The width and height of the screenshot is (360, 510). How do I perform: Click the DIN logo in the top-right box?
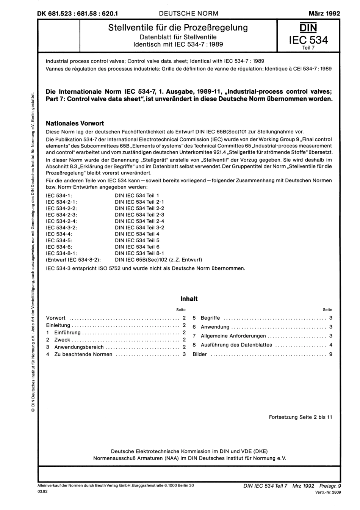308,28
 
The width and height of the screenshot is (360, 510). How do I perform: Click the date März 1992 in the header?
324,13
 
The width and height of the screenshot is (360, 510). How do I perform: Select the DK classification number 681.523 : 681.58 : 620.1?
78,13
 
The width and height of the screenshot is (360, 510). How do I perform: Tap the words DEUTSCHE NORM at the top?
188,13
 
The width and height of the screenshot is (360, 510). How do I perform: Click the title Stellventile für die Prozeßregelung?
178,27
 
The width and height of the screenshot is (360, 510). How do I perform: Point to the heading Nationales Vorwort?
75,123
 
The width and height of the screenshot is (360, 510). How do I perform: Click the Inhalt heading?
189,298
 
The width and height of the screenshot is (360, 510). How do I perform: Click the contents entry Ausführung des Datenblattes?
236,345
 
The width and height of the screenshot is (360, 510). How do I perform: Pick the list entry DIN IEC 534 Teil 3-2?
139,228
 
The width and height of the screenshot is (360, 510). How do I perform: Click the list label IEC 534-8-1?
61,253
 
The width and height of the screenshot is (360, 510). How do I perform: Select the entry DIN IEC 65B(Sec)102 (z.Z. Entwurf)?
158,260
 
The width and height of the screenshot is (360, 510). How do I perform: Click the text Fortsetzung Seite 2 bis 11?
300,417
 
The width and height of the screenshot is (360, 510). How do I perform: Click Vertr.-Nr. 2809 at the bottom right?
328,492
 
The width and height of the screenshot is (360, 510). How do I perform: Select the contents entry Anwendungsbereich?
79,347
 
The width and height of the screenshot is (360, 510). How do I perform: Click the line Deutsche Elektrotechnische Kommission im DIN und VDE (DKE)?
189,451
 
